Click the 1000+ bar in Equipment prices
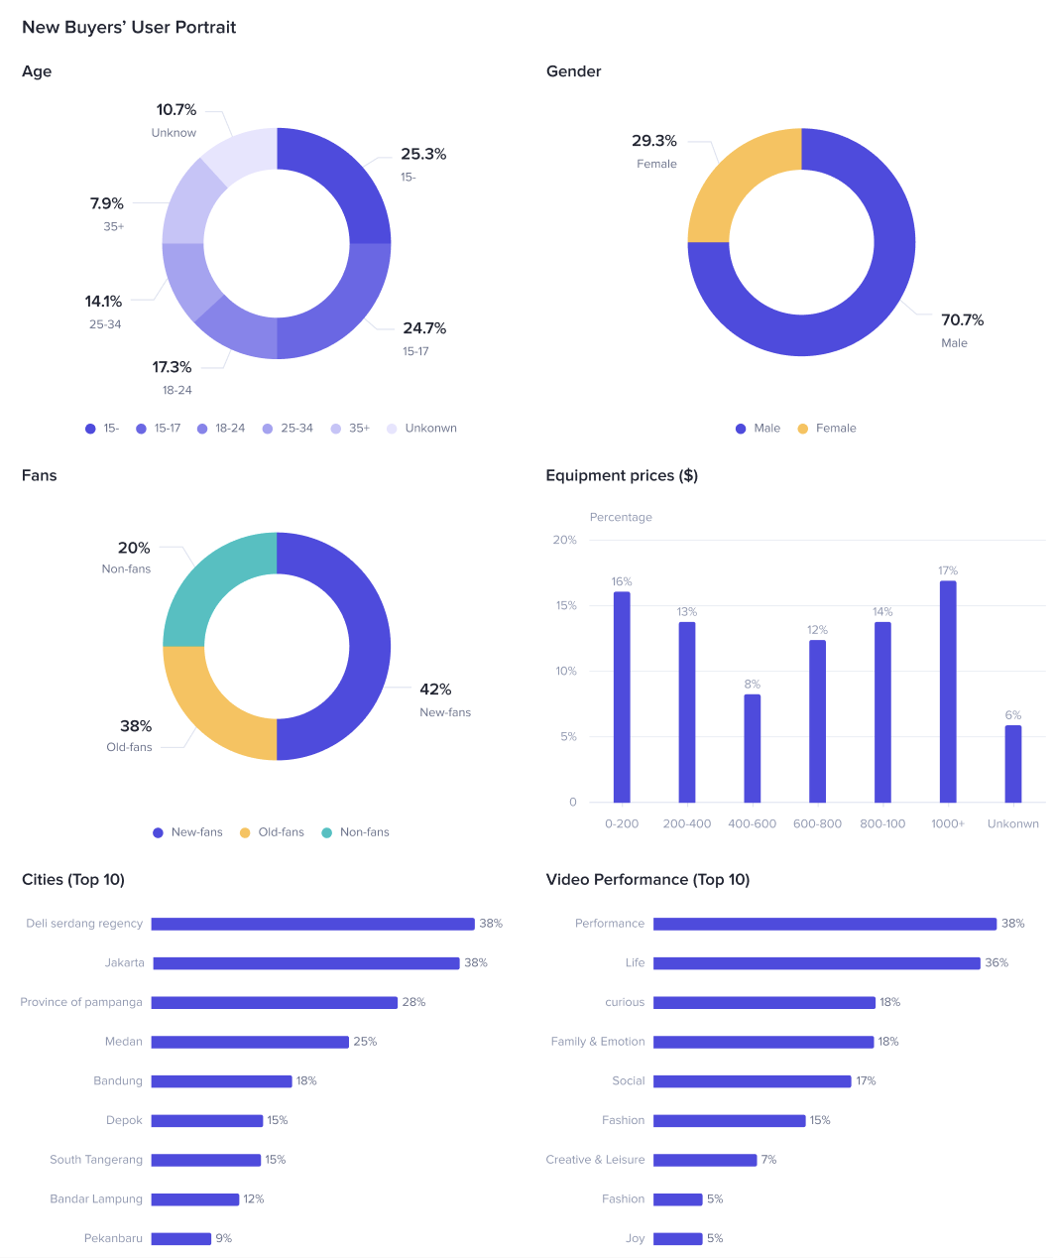click(948, 692)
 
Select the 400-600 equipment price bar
click(753, 748)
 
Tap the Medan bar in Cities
click(250, 1042)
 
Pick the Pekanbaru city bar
click(181, 1238)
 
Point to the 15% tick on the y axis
click(566, 605)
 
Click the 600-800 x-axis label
click(817, 823)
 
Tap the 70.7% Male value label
click(962, 319)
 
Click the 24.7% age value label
click(424, 328)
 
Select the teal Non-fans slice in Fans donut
click(203, 590)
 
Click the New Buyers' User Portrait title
click(129, 28)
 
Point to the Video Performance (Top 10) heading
click(647, 880)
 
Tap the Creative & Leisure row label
click(595, 1160)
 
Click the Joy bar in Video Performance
click(678, 1238)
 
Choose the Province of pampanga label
click(81, 1002)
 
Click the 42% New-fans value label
click(435, 690)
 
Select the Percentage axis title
click(621, 517)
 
